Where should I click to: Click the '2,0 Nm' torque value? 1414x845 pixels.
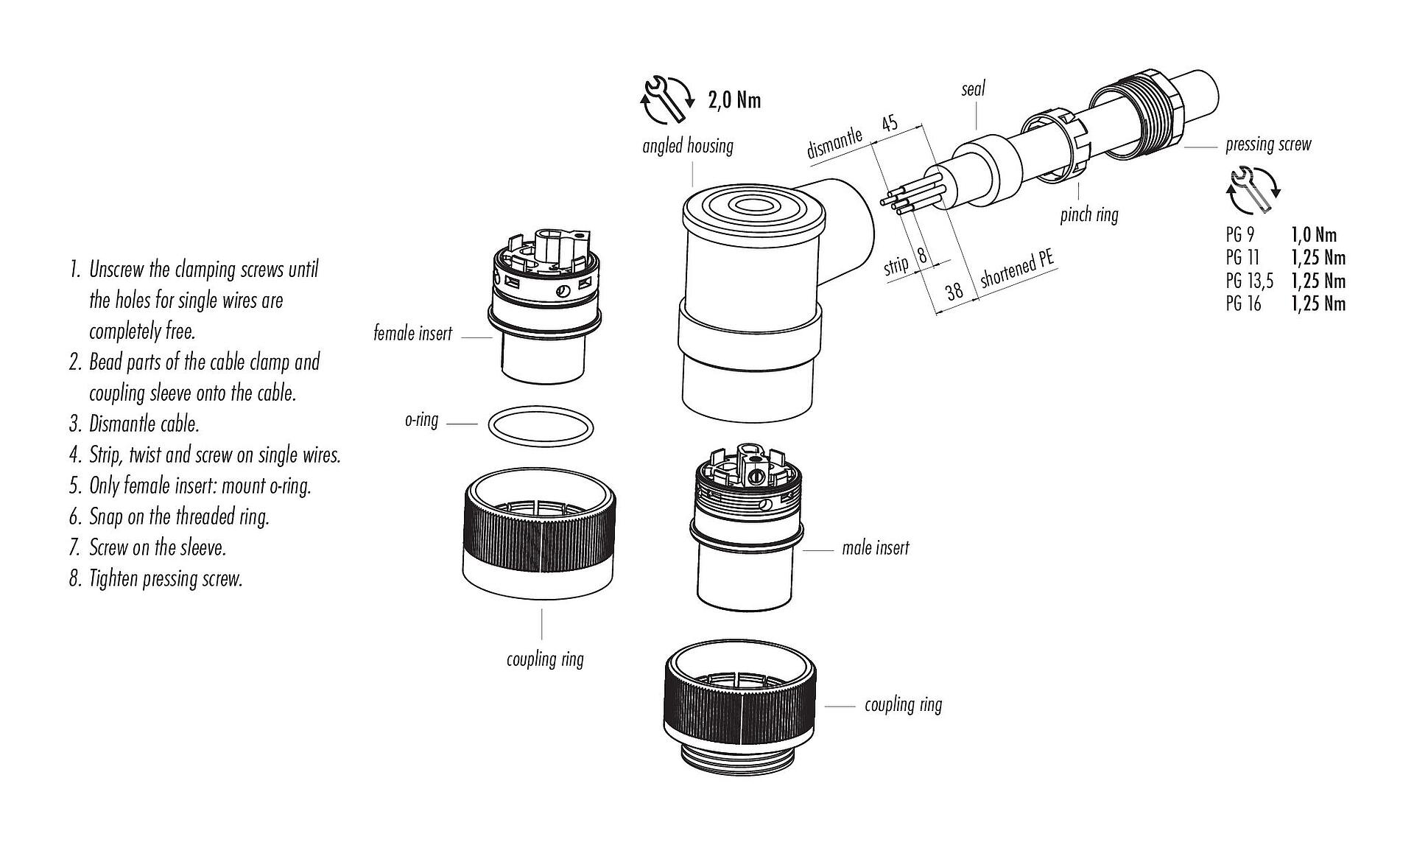[734, 99]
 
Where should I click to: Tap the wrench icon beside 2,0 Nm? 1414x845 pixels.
[667, 99]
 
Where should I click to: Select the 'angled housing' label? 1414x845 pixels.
[688, 146]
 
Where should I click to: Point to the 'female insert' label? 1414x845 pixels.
[412, 334]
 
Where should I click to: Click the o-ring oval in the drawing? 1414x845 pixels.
[541, 428]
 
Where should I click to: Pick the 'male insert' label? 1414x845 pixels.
[875, 548]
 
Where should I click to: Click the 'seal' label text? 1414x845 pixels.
[973, 90]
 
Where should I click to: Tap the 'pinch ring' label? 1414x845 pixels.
[1088, 215]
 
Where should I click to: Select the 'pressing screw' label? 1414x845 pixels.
[1268, 144]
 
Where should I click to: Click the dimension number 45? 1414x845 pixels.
[890, 122]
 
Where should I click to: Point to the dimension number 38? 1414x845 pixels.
[954, 291]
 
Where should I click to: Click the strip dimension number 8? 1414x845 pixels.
[922, 257]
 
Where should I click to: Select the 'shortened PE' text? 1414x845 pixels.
[1017, 270]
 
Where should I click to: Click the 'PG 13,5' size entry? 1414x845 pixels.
[1249, 281]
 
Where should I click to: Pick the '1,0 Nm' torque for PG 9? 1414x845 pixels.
[1313, 235]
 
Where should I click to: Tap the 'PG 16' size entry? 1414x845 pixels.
[1243, 304]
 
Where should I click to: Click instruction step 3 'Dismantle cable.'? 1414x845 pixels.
[144, 424]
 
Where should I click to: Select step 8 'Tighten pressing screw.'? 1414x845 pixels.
[165, 579]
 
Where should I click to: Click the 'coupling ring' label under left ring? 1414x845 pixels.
[545, 659]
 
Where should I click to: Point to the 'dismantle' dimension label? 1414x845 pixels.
[834, 144]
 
